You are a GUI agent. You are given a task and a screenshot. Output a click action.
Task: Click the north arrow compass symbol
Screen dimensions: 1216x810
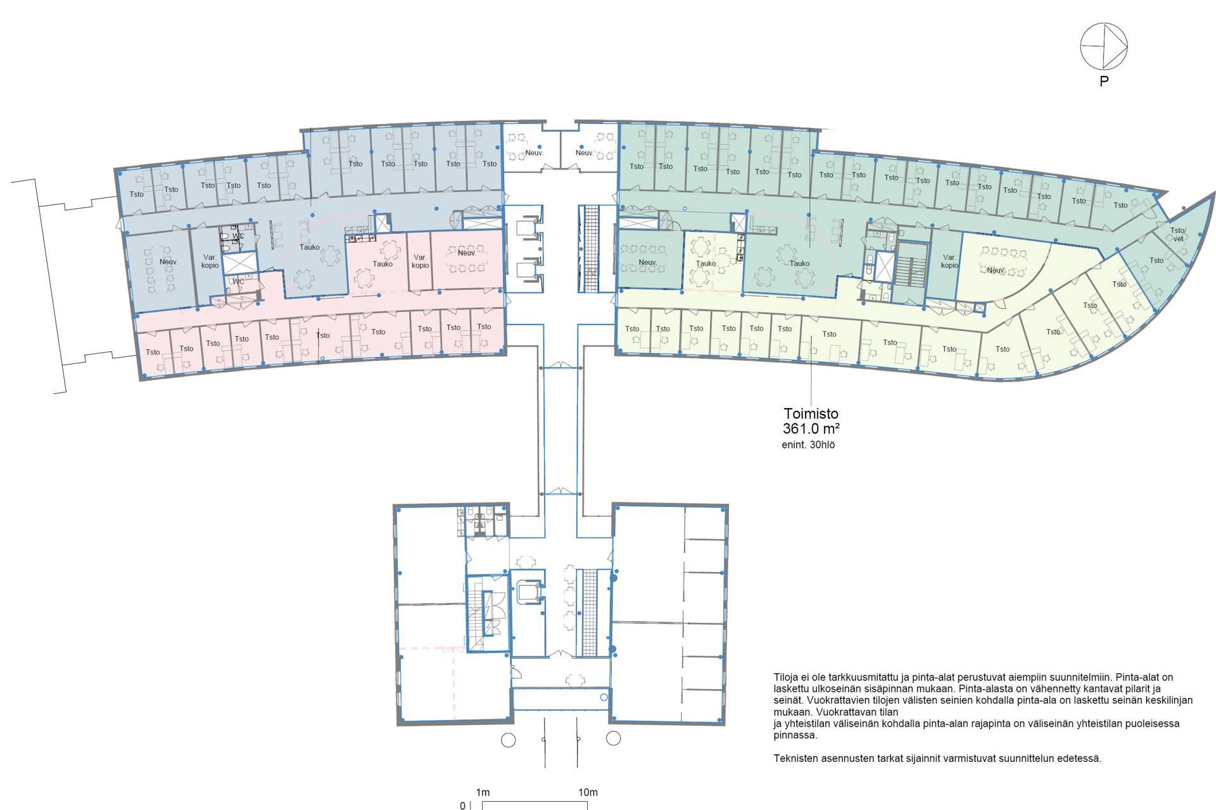click(1104, 46)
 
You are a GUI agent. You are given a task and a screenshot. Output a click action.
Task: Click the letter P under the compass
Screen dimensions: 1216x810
click(1104, 81)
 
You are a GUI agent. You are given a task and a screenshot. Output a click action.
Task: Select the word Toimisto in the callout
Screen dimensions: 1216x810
click(811, 414)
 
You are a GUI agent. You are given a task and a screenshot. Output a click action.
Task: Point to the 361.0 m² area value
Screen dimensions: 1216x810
click(811, 428)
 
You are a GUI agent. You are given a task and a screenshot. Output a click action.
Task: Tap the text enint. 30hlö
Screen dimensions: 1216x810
click(808, 445)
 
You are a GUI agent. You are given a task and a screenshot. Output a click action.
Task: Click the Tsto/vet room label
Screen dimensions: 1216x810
click(1178, 235)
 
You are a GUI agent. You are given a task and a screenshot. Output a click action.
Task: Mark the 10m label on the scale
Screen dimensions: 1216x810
click(588, 792)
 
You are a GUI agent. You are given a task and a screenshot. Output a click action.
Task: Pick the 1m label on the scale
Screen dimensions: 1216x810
click(483, 792)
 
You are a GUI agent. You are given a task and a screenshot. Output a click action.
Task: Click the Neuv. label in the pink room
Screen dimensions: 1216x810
click(467, 253)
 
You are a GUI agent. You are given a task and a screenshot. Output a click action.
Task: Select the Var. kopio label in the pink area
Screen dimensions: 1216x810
click(420, 261)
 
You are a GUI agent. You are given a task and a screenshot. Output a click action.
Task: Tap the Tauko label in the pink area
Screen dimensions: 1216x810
click(383, 264)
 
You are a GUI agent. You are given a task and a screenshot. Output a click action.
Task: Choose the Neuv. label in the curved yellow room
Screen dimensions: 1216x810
click(996, 270)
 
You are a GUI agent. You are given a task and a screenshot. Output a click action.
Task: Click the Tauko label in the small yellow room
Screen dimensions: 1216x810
click(706, 264)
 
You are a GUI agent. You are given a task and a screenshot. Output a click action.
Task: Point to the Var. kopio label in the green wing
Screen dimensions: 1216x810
click(949, 261)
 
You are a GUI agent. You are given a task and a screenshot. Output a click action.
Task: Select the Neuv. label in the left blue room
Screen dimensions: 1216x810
click(168, 262)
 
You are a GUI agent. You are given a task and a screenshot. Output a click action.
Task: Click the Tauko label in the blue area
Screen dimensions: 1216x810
click(310, 247)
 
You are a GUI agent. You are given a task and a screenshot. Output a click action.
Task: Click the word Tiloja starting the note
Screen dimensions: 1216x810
click(787, 677)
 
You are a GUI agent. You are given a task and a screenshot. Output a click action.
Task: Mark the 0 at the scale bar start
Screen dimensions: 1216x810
click(463, 806)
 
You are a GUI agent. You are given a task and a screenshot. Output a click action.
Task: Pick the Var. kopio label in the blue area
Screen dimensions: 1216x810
click(210, 261)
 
